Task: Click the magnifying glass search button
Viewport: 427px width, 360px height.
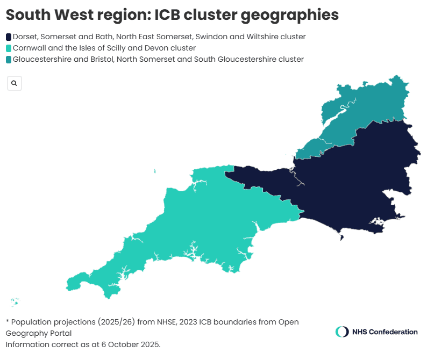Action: coord(14,83)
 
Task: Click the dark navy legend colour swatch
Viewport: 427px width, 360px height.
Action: coord(9,37)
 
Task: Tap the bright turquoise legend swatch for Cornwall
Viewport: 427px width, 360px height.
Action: coord(9,48)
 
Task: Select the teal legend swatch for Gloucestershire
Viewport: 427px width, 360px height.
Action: coord(9,60)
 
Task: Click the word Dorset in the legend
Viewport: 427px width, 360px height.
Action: coord(25,37)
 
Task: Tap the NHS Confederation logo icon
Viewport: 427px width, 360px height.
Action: coord(341,332)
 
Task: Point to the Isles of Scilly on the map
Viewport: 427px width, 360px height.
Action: coord(15,301)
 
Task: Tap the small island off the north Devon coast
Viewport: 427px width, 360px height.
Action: coord(154,172)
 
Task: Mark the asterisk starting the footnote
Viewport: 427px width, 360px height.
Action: coord(8,321)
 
